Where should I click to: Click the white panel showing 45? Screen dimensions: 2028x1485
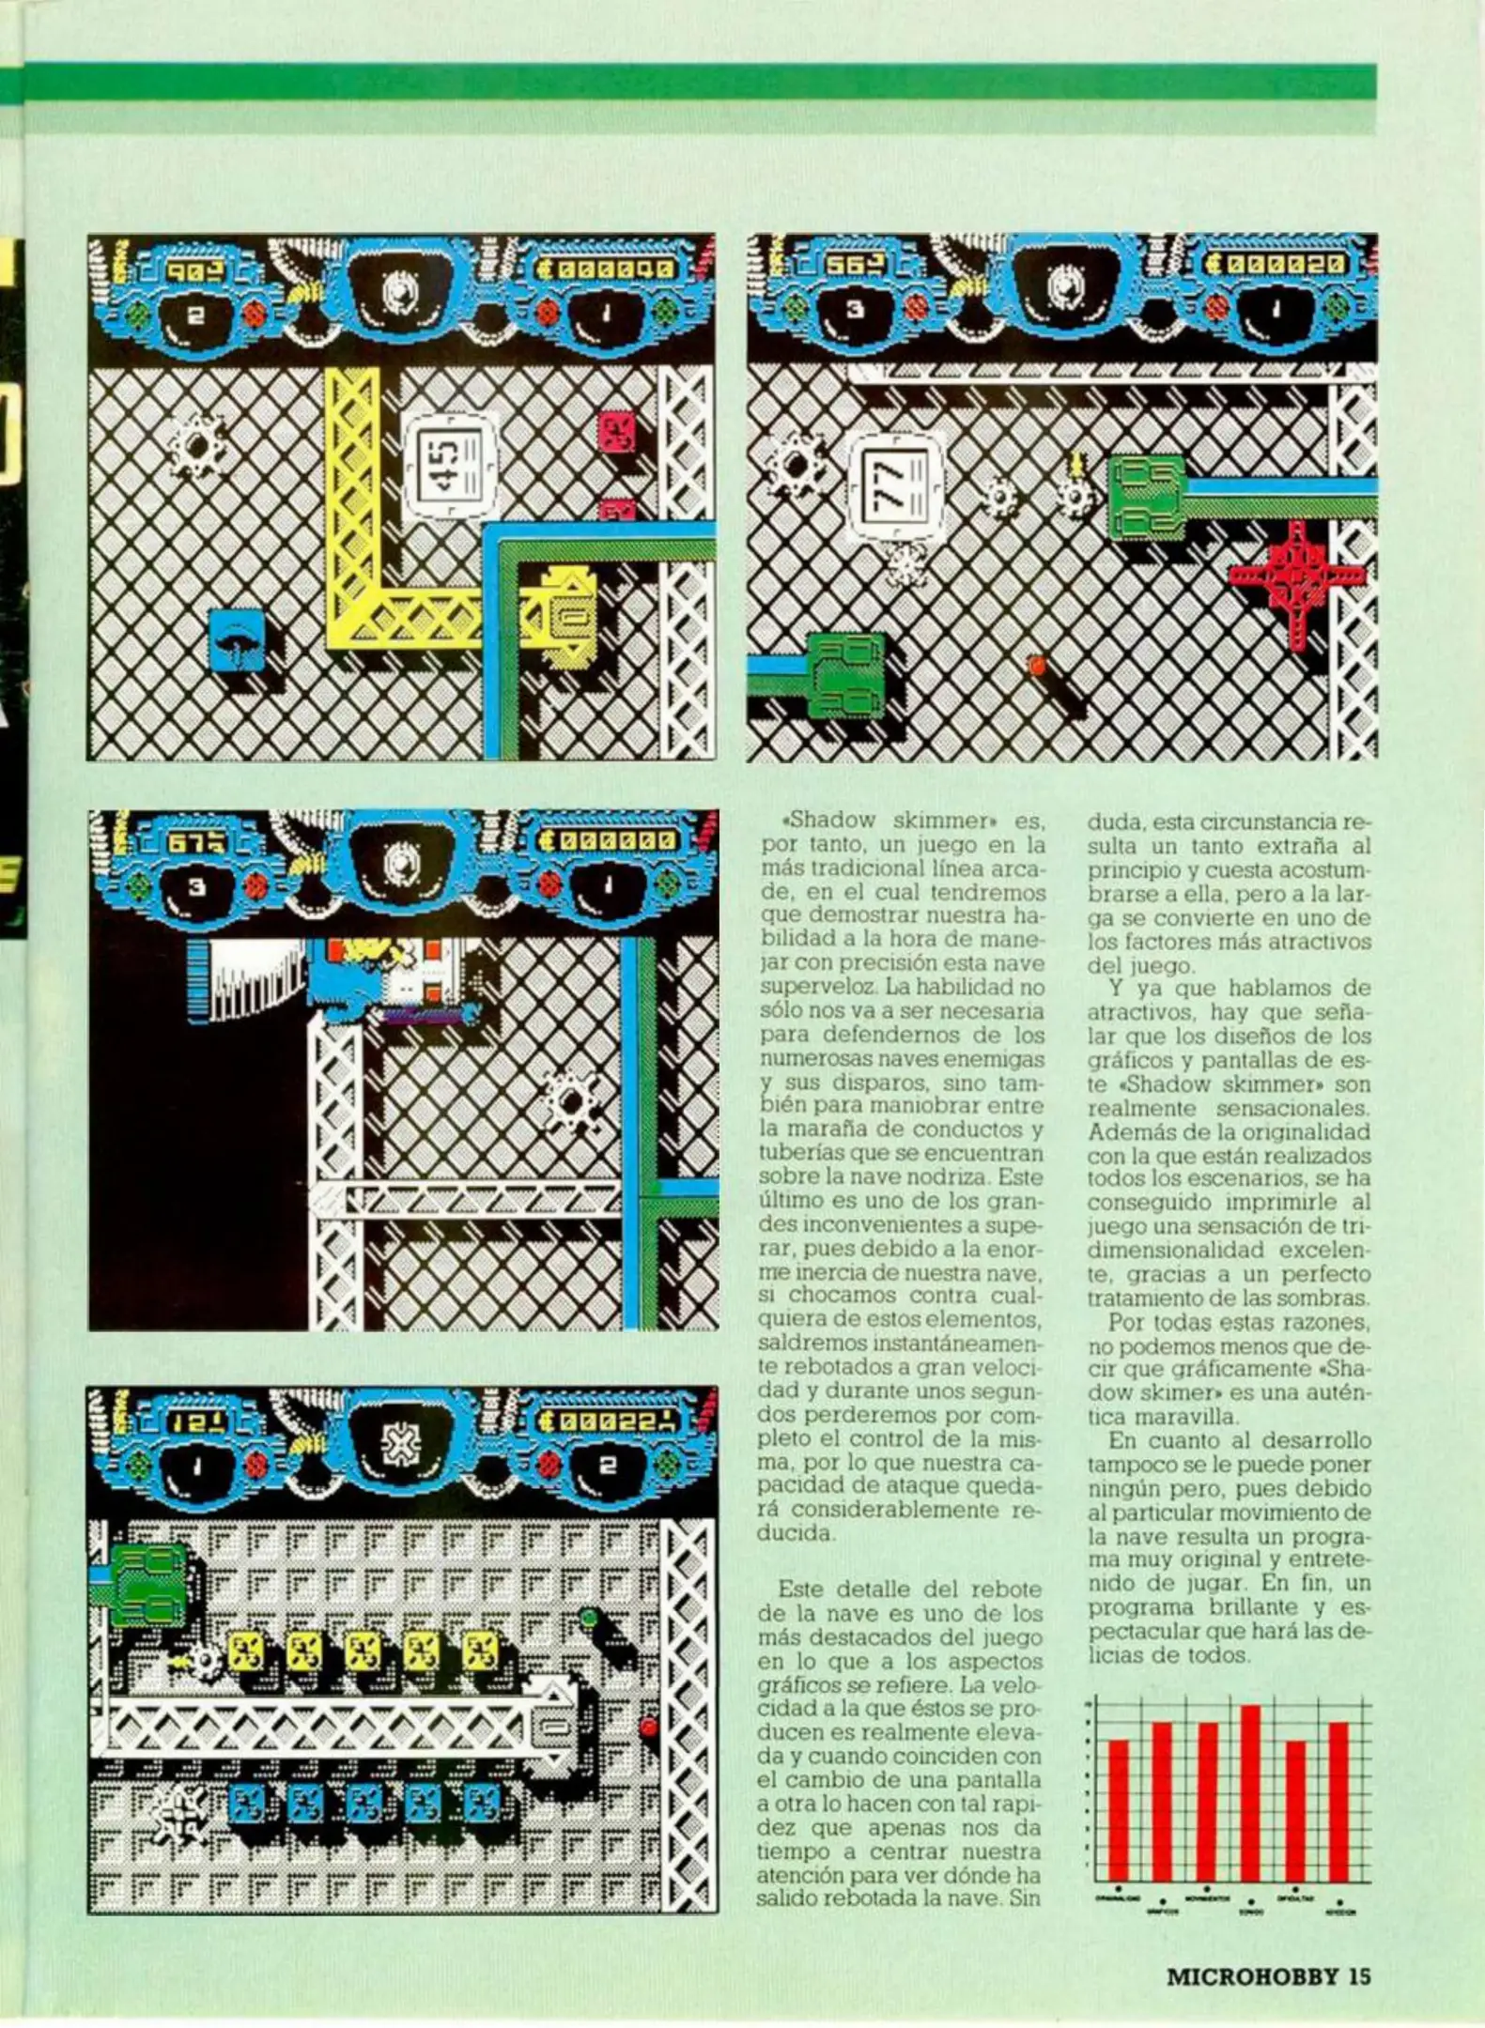(449, 465)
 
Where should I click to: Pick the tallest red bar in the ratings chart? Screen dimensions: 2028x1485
(1250, 1792)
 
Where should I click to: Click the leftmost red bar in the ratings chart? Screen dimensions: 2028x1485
(1118, 1809)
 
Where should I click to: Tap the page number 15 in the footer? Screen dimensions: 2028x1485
(1360, 1976)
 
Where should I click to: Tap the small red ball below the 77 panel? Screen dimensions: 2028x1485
(1038, 665)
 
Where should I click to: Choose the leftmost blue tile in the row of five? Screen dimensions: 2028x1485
(247, 1803)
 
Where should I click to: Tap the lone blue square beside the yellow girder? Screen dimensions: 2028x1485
(236, 639)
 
